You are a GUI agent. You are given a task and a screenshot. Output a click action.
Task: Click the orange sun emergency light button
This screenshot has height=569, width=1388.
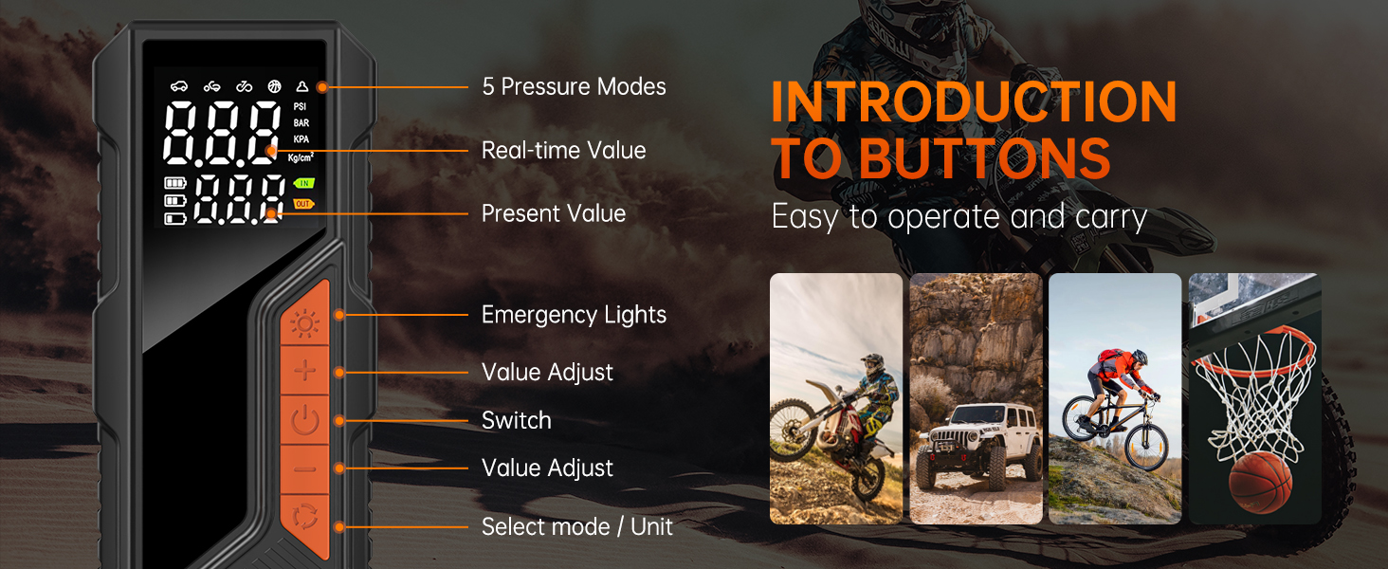305,318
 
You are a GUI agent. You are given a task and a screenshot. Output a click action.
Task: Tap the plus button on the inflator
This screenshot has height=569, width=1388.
305,371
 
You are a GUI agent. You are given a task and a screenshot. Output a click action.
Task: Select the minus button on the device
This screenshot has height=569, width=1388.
305,469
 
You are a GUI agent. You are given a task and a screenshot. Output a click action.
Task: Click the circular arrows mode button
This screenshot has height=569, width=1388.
305,517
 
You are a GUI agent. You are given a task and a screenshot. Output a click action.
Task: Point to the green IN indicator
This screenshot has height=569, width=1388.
304,183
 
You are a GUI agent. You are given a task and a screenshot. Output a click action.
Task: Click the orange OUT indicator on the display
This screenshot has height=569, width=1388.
303,203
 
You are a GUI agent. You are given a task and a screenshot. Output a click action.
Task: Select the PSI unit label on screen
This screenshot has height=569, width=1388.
300,106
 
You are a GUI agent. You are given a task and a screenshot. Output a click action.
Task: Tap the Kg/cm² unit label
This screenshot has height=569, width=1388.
301,156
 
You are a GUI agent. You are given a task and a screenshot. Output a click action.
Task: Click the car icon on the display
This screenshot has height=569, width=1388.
179,86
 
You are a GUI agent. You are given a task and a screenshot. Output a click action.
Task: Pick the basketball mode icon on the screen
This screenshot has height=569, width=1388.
274,86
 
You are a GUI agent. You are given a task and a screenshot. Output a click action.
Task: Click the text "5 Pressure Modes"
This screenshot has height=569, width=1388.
574,87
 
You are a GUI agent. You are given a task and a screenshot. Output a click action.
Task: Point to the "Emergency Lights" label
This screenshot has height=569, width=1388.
574,315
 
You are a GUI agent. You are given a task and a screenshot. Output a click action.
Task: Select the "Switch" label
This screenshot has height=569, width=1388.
516,420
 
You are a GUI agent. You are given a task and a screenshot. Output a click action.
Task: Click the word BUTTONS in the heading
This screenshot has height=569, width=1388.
985,158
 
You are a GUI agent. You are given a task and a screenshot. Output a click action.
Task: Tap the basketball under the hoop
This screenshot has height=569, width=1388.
1260,482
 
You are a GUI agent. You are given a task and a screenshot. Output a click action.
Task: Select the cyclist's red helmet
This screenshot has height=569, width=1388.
1140,357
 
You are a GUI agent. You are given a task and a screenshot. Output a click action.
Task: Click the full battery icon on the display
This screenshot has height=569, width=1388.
174,183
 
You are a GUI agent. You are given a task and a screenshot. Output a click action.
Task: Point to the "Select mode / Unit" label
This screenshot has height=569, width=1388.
576,527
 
